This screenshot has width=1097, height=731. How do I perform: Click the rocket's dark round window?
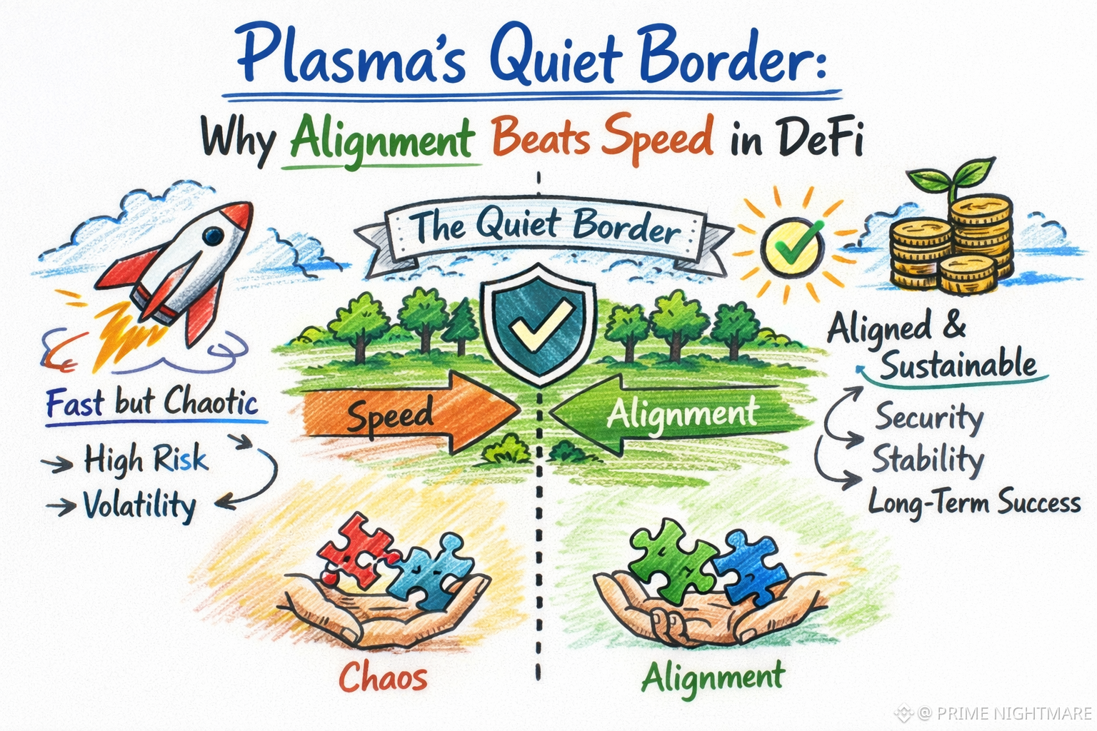click(x=214, y=236)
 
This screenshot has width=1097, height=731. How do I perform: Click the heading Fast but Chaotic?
click(x=152, y=402)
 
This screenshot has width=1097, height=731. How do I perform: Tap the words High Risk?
click(x=146, y=460)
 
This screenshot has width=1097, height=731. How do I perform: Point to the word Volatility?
click(x=139, y=505)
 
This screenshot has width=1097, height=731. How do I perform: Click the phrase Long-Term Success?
click(x=975, y=503)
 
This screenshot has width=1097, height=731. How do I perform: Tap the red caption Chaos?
click(x=383, y=677)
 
